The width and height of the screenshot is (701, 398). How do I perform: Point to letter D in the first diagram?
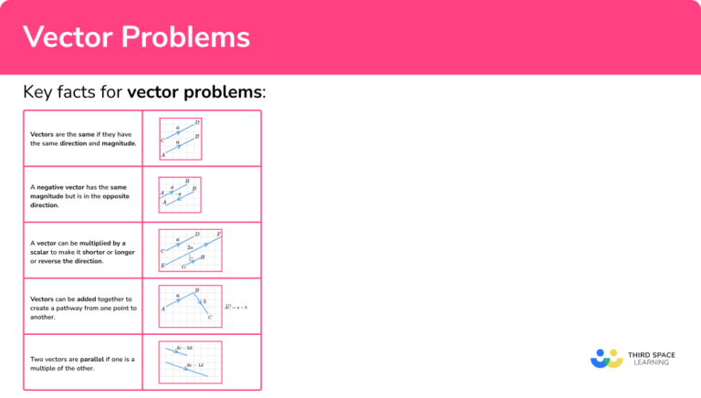pos(197,122)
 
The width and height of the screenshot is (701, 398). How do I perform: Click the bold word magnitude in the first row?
pos(118,143)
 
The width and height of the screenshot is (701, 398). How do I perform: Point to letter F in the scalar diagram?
pos(219,235)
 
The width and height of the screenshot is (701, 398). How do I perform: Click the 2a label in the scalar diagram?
pos(190,246)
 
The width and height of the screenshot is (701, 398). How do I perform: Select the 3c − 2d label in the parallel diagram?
pos(183,348)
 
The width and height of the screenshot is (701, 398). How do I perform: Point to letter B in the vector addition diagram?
pos(197,291)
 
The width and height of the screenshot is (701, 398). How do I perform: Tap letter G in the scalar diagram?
pos(183,267)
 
